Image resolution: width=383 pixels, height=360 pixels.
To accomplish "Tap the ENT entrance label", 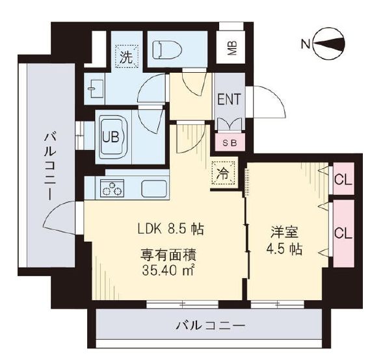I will click(229, 99).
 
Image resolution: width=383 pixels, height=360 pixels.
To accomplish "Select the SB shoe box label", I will click(230, 142).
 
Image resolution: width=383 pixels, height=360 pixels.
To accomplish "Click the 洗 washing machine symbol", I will click(125, 55).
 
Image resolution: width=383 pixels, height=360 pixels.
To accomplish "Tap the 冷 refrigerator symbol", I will click(222, 174).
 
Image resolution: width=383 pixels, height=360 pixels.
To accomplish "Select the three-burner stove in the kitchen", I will click(112, 188).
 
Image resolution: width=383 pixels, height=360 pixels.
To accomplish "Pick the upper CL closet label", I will click(342, 180).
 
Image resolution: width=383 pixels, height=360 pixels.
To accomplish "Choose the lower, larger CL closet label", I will click(342, 231).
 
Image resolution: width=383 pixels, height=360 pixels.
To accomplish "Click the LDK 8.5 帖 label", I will click(170, 229).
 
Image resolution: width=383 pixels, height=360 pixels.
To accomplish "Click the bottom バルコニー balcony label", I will click(211, 325).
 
